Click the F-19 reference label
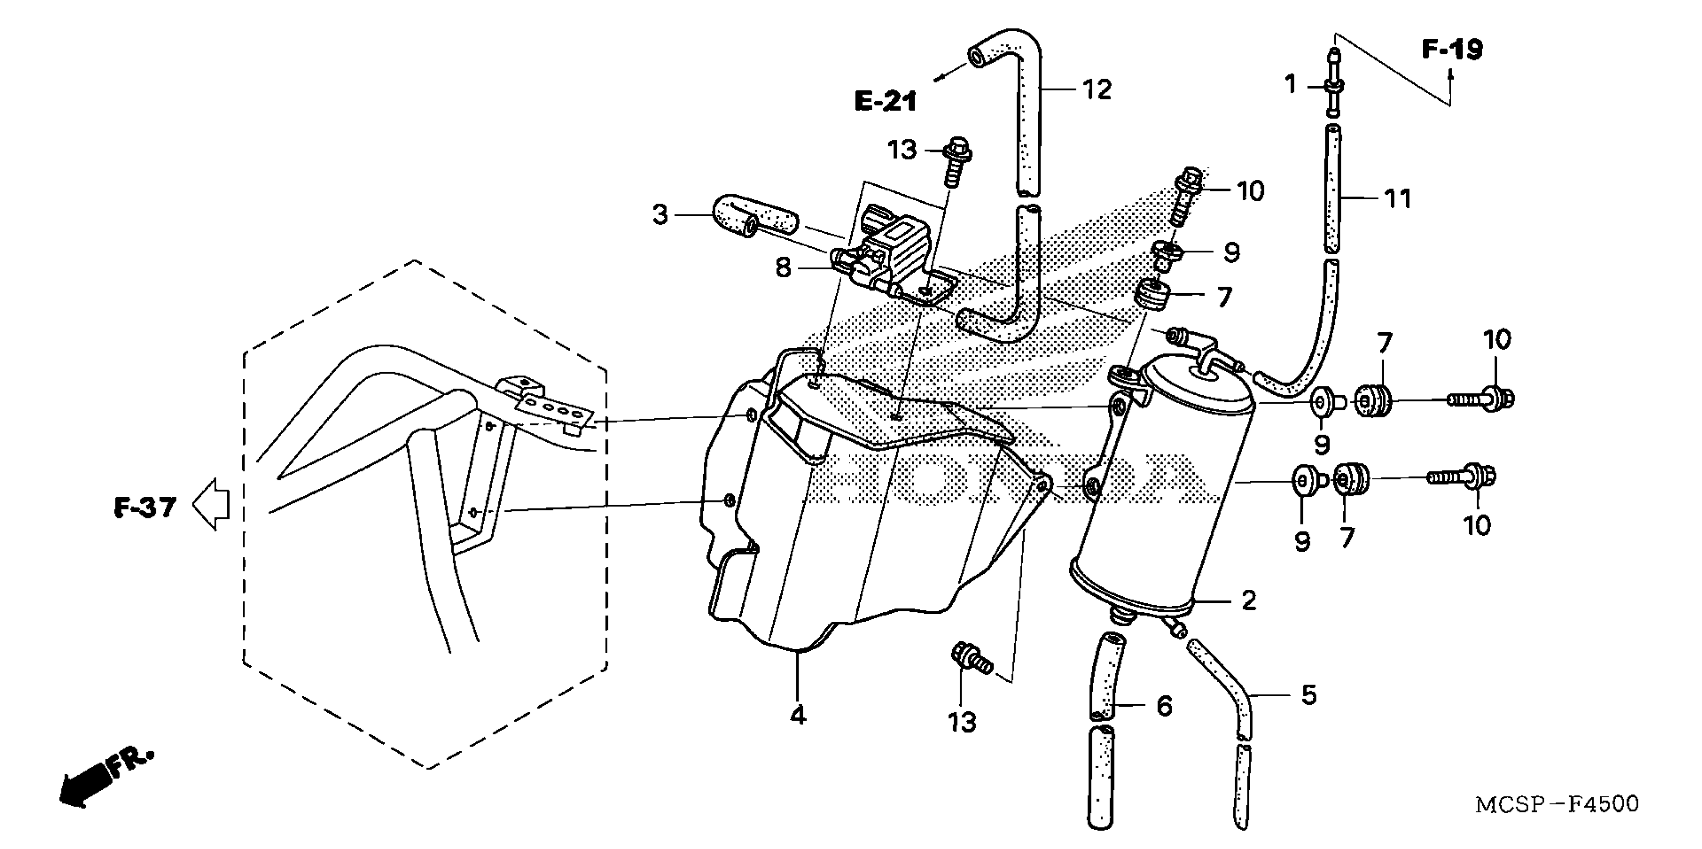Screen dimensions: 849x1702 [1452, 49]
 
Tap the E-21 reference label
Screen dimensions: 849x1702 [885, 102]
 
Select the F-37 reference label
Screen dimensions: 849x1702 [145, 507]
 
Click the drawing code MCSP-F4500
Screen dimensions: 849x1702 [1557, 804]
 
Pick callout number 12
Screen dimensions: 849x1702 [1097, 89]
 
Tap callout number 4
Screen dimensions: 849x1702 [798, 714]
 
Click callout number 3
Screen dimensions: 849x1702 [660, 215]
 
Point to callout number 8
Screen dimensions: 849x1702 [783, 268]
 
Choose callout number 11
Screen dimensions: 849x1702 [1397, 198]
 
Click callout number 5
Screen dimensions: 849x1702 [1308, 694]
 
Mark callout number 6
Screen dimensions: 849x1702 [1164, 706]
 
